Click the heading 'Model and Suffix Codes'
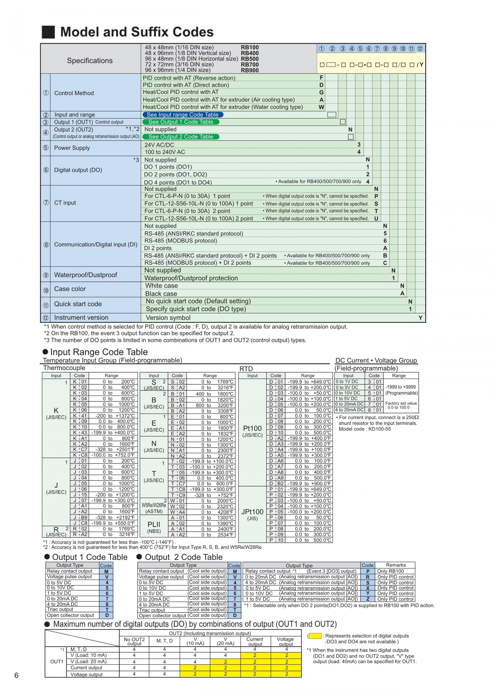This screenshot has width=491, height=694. coord(137,32)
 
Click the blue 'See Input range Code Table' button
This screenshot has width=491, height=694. coord(182,115)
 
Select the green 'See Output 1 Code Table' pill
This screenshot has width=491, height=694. coord(181,122)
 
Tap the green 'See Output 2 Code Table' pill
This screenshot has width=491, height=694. coord(181,136)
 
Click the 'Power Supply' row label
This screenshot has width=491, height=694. coord(72,148)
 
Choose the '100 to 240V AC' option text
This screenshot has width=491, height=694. coord(164,152)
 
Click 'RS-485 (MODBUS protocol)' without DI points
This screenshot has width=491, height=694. coord(181,241)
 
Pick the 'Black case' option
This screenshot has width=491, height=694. coord(161,293)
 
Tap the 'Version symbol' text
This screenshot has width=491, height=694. coord(168,318)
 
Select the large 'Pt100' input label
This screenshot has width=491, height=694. coord(252,428)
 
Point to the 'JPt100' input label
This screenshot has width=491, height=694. coord(252,512)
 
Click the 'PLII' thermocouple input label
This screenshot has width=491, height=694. coord(154,525)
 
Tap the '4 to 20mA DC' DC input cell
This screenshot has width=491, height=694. coord(349,410)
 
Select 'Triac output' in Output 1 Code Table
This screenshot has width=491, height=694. coord(60,609)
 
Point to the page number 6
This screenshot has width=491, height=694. coord(16,676)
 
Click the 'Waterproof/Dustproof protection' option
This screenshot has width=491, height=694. coord(191,278)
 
